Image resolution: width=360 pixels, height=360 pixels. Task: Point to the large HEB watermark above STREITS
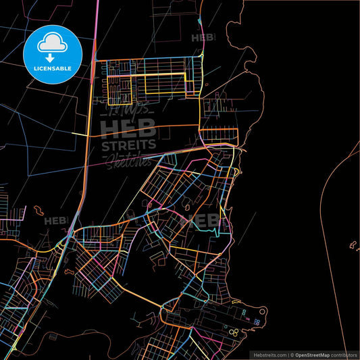(x=128, y=126)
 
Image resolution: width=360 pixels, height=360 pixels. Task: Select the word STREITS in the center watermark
(x=129, y=145)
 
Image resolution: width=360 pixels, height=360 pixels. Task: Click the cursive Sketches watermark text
(x=128, y=159)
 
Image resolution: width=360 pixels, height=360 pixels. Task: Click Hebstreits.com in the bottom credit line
(x=269, y=354)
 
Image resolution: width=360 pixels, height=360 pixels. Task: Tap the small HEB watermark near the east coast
(x=206, y=220)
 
